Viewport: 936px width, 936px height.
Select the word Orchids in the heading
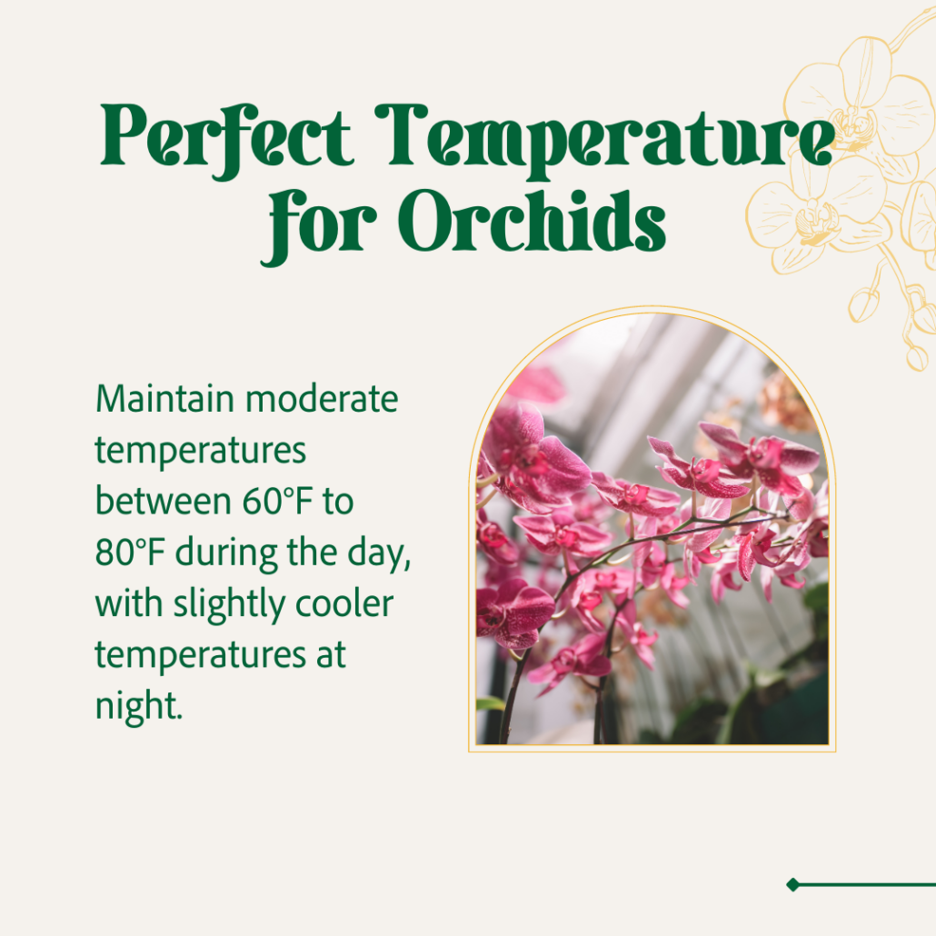[x=532, y=221]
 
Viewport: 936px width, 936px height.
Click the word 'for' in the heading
[x=319, y=227]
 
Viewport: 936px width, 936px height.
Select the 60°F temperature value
[x=278, y=501]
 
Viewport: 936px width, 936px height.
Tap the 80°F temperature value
[x=130, y=553]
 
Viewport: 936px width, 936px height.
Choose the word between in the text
[x=163, y=501]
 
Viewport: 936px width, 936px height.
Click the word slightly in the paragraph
[x=229, y=604]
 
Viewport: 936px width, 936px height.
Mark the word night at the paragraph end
[x=139, y=707]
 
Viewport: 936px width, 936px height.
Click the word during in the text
[x=226, y=553]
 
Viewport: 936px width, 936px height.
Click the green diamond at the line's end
[x=792, y=884]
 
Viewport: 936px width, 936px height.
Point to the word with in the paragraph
[x=129, y=603]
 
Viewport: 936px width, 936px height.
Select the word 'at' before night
[x=331, y=656]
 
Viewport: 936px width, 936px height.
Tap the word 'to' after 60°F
[x=338, y=502]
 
